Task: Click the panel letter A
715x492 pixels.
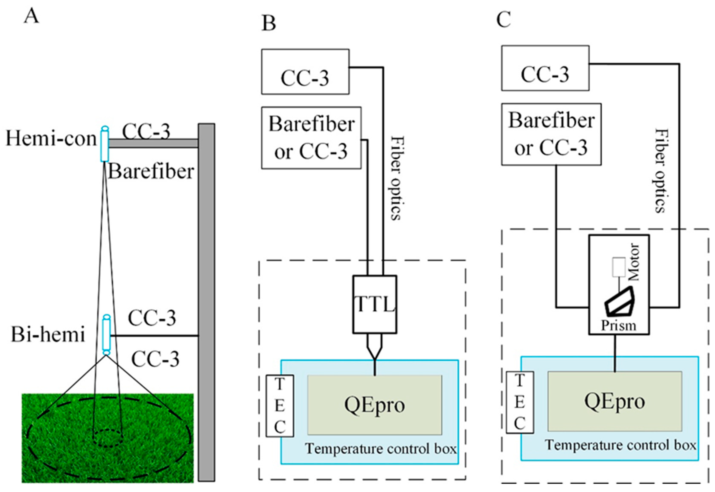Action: (x=31, y=16)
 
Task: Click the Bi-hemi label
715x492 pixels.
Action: (x=48, y=335)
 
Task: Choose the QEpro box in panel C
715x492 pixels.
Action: (x=615, y=401)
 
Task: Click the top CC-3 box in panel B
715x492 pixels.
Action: (x=305, y=71)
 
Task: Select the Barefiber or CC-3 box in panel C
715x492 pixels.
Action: (x=551, y=134)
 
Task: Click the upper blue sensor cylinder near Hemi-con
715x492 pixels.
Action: (x=105, y=144)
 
